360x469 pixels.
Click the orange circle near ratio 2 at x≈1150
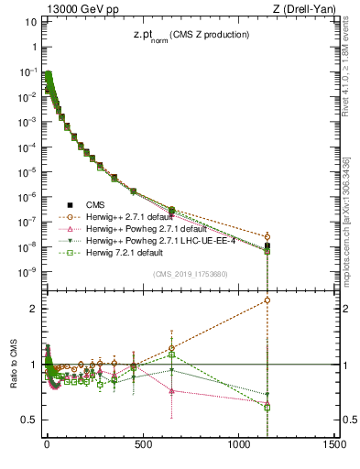coord(267,300)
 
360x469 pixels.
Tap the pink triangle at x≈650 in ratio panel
coord(171,391)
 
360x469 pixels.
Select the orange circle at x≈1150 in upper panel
coord(267,236)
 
